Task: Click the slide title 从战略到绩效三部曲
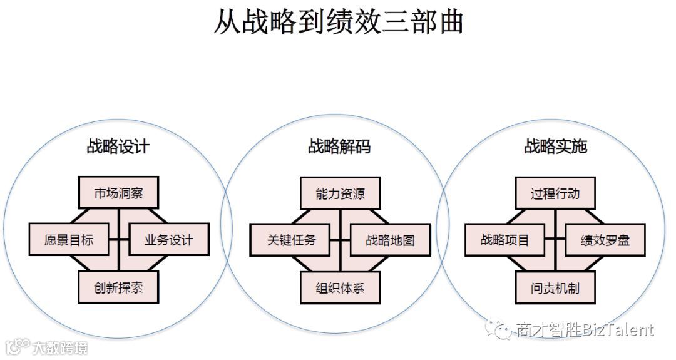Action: click(x=338, y=22)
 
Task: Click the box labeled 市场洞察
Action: click(x=118, y=193)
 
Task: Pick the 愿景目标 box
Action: click(x=69, y=240)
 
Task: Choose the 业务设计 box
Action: click(x=168, y=240)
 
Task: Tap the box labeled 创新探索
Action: click(x=118, y=288)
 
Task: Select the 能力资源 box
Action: click(x=340, y=193)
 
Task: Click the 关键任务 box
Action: click(x=290, y=240)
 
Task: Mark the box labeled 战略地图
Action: click(x=390, y=240)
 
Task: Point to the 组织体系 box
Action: click(x=340, y=288)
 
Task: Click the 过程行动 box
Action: click(x=555, y=193)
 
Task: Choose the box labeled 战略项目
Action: click(x=505, y=240)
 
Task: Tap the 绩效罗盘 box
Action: click(x=605, y=240)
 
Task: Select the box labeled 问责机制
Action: click(x=555, y=288)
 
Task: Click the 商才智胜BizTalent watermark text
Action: click(x=585, y=329)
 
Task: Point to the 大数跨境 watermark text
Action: click(x=60, y=347)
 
